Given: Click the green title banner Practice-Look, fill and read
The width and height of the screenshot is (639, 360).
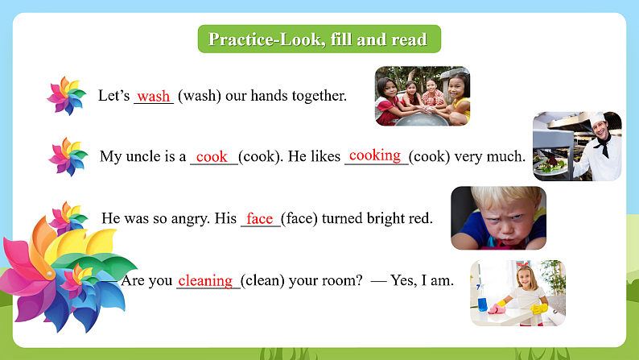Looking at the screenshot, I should tap(318, 39).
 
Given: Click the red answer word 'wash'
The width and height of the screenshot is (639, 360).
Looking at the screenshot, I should tap(153, 97).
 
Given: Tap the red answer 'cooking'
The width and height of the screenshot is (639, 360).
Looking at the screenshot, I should tap(375, 155).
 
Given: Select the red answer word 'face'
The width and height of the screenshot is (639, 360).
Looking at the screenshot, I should tap(260, 219).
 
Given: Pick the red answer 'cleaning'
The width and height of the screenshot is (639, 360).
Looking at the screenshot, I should tap(205, 280).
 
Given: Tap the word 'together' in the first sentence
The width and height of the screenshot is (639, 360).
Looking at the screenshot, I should tap(318, 96).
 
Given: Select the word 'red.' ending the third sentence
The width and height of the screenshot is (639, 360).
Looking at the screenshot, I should tap(420, 218).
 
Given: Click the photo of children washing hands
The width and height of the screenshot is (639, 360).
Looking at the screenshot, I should tap(423, 96).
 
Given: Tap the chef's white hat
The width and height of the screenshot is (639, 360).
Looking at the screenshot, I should tap(600, 117).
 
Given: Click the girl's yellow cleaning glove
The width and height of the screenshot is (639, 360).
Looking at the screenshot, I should tap(538, 308).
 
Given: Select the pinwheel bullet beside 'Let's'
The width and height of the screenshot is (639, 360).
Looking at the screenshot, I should tap(66, 96).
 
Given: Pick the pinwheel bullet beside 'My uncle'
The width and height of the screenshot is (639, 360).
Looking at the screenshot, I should tap(68, 156).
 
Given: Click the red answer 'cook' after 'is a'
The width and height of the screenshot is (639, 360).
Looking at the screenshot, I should tap(212, 157).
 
